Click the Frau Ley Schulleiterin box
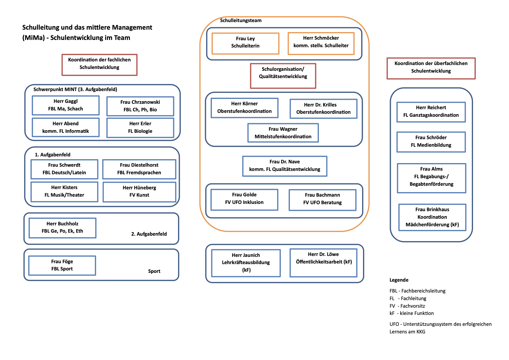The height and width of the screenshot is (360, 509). pyautogui.click(x=245, y=44)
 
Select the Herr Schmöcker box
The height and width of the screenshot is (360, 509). pyautogui.click(x=321, y=44)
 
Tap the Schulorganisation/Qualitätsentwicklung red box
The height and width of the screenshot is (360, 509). pyautogui.click(x=283, y=76)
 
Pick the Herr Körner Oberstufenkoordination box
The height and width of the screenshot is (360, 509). pyautogui.click(x=245, y=108)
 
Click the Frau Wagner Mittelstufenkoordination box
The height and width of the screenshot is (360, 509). pyautogui.click(x=283, y=133)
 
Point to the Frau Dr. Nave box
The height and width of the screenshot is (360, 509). pyautogui.click(x=284, y=166)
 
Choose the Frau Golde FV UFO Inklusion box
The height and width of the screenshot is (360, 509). pyautogui.click(x=244, y=200)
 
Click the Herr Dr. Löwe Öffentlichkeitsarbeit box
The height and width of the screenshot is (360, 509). pyautogui.click(x=323, y=263)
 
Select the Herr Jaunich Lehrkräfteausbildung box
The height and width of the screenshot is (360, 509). pyautogui.click(x=246, y=263)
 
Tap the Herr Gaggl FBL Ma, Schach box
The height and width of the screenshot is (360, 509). pyautogui.click(x=66, y=105)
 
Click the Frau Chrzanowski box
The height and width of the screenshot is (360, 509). pyautogui.click(x=140, y=106)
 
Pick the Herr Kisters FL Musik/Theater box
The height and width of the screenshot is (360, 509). pyautogui.click(x=64, y=191)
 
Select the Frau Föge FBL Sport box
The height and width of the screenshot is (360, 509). pyautogui.click(x=62, y=265)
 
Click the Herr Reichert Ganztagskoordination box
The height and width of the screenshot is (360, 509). pyautogui.click(x=431, y=112)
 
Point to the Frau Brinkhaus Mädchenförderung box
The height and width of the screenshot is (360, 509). pyautogui.click(x=432, y=217)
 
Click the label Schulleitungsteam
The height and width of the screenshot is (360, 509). pyautogui.click(x=241, y=21)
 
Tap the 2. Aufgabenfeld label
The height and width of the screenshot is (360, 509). pyautogui.click(x=149, y=234)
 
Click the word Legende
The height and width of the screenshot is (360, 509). pyautogui.click(x=399, y=280)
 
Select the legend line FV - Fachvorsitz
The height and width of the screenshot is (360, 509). pyautogui.click(x=407, y=306)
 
